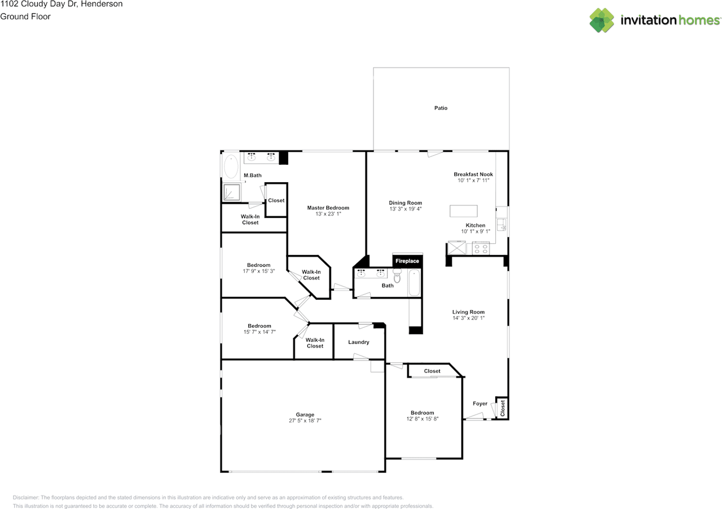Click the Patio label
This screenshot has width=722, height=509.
[441, 108]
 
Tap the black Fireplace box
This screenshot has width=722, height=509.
[407, 261]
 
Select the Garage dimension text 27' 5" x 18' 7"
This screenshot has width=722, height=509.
[305, 420]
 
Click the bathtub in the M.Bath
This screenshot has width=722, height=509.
[231, 166]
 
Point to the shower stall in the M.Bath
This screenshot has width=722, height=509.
[232, 192]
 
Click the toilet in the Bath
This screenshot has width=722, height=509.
[398, 275]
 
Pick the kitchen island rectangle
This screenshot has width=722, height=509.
[464, 211]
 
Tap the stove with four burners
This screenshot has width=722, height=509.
[481, 249]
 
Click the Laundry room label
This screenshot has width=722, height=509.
[358, 342]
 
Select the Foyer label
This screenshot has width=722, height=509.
[480, 404]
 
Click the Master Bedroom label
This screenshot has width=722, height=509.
[328, 208]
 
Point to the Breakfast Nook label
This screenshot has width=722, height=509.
[473, 174]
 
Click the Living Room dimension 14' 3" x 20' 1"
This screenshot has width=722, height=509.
[468, 318]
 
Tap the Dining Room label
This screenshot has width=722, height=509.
[405, 203]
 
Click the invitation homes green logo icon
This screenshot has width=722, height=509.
[601, 20]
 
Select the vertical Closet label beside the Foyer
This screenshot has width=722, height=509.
[503, 409]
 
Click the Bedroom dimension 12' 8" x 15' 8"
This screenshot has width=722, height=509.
[422, 419]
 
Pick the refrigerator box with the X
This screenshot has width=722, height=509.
[457, 248]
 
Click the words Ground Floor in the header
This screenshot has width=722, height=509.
[25, 16]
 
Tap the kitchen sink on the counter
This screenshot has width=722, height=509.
[501, 225]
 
